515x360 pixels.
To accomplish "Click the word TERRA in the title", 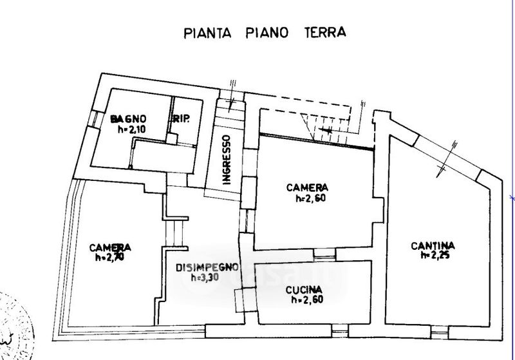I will [323, 32].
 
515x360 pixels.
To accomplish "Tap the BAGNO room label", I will [129, 119].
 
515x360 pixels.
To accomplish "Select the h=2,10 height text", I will [131, 129].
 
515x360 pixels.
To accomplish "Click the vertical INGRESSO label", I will [226, 159].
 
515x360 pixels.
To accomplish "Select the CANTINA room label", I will [433, 245].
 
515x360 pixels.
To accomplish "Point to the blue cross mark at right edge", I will [512, 198].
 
